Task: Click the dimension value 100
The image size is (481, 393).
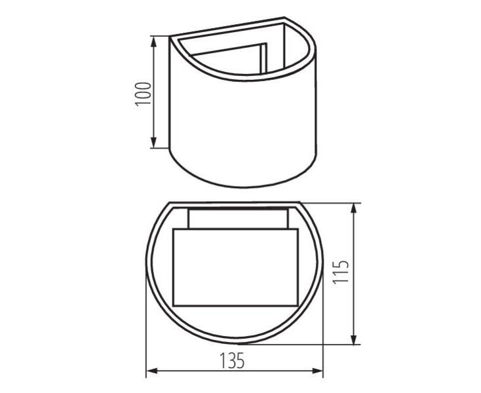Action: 144,94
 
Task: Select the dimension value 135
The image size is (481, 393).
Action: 232,360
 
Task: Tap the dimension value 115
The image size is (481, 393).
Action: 341,272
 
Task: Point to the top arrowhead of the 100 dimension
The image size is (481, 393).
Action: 154,42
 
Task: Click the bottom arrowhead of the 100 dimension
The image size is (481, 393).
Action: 154,143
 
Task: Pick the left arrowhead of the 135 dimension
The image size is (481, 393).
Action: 152,371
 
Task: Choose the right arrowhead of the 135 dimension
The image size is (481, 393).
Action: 317,371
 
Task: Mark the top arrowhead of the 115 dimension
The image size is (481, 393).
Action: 354,208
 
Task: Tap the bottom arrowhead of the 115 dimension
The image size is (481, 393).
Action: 354,339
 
